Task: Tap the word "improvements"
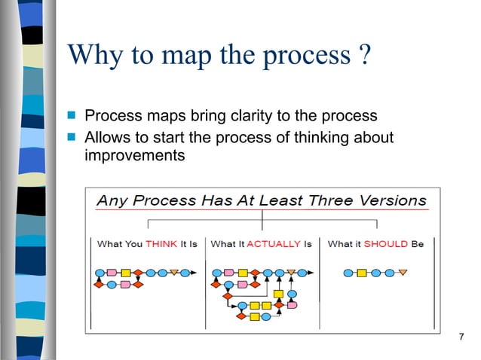[133, 156]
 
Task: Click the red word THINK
[161, 244]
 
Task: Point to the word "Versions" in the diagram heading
[393, 201]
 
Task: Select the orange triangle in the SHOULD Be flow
[402, 272]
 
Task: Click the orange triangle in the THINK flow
[174, 272]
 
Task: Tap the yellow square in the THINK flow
[125, 272]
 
